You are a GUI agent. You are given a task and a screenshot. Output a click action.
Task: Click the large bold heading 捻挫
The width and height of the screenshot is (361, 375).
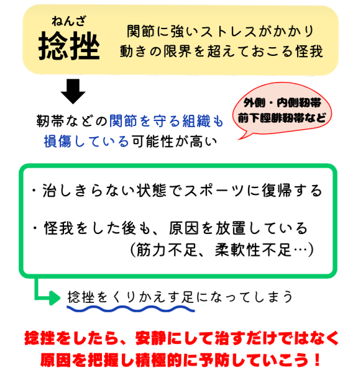click(x=69, y=45)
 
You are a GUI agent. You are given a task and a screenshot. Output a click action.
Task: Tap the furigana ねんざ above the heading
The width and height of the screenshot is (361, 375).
click(x=69, y=21)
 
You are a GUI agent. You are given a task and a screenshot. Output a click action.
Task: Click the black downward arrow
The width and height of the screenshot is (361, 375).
click(x=73, y=91)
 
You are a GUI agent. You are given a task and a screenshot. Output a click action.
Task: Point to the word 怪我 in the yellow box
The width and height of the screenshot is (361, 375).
click(x=309, y=51)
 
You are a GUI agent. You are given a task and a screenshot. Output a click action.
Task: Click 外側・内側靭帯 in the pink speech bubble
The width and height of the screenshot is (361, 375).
click(x=282, y=103)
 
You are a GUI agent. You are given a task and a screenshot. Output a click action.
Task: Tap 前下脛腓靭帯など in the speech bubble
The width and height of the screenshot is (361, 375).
click(x=282, y=118)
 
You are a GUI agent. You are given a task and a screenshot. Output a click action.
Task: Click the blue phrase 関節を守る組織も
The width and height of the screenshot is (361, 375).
click(x=167, y=121)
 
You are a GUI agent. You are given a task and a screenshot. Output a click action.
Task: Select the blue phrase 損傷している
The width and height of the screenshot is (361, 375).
click(x=86, y=141)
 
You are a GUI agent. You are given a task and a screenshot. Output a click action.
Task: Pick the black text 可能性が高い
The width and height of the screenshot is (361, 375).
click(x=175, y=141)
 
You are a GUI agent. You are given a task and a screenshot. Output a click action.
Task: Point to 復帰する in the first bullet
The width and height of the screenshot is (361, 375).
click(x=292, y=191)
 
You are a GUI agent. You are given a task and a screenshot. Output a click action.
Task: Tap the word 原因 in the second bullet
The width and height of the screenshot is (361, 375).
click(x=184, y=228)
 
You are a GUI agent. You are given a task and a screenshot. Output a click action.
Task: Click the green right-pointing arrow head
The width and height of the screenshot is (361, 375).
click(x=55, y=298)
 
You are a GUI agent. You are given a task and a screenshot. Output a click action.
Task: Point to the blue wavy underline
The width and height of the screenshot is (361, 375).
click(x=130, y=309)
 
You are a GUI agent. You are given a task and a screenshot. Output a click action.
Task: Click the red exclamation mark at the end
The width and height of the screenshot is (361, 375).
click(x=318, y=359)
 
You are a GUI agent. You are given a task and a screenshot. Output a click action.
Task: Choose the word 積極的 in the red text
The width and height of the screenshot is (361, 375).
click(x=159, y=359)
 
